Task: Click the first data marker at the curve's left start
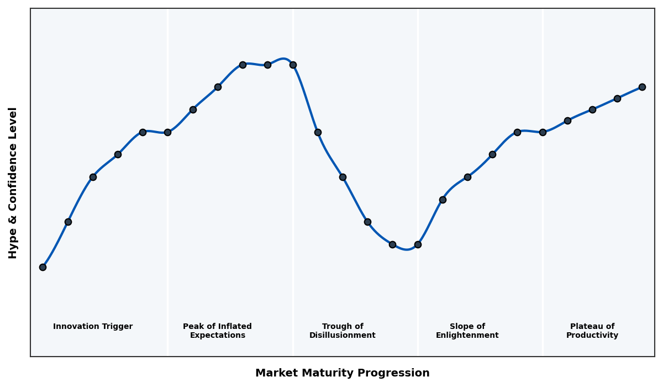(x=43, y=267)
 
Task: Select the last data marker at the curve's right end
(x=642, y=87)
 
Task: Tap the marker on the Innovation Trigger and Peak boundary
(x=167, y=132)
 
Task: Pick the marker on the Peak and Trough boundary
(x=293, y=65)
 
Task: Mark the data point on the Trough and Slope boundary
(x=418, y=244)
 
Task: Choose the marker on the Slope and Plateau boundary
(x=543, y=132)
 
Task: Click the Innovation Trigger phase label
(x=93, y=327)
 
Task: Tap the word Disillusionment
(x=343, y=336)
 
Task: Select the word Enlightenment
(x=467, y=336)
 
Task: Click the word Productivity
(x=592, y=336)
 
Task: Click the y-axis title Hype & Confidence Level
(x=13, y=182)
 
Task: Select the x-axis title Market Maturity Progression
(x=343, y=373)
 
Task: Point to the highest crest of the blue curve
(x=283, y=59)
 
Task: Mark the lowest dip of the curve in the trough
(x=407, y=249)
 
